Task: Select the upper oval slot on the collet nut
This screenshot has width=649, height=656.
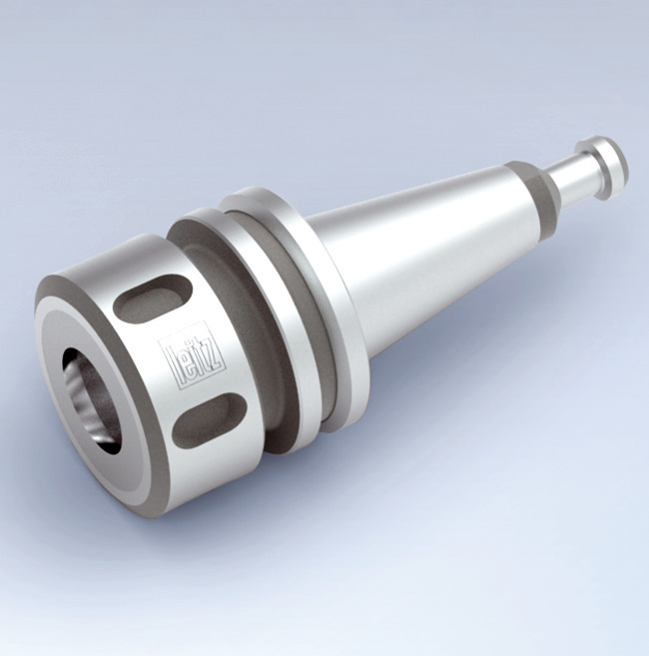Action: tap(150, 299)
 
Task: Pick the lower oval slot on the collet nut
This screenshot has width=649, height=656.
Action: tap(209, 419)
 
